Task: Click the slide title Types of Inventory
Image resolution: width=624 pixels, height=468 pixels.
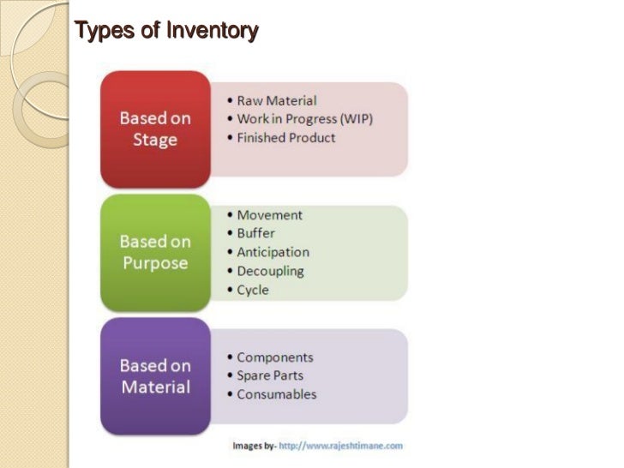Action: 166,33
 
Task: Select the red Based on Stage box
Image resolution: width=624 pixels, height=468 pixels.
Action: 155,128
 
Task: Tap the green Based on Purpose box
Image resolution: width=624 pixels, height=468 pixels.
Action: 155,252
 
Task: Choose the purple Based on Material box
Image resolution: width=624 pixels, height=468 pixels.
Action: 155,375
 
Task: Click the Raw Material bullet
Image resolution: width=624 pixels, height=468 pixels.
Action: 276,100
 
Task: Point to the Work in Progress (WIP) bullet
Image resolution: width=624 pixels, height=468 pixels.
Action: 305,119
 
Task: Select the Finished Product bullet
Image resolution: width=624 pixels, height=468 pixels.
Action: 285,137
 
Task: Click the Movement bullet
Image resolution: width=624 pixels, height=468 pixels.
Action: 269,215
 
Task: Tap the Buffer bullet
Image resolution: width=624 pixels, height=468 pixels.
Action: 256,233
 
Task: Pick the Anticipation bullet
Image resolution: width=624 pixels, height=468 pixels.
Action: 273,252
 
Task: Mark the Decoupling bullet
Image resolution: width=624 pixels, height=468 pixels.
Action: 270,271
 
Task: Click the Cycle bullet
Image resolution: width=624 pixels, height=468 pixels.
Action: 253,290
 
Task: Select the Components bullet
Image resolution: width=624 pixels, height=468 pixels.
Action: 274,357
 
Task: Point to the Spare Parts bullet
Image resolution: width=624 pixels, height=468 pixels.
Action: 269,375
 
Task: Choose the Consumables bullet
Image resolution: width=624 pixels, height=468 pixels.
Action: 276,394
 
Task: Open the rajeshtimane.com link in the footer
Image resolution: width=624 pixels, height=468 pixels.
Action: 340,446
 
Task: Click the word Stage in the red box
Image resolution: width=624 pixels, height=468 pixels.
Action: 155,139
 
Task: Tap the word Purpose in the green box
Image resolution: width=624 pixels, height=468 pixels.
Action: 155,262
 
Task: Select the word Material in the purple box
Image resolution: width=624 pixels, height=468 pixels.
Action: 155,387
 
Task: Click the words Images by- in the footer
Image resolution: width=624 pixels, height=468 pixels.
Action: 254,446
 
